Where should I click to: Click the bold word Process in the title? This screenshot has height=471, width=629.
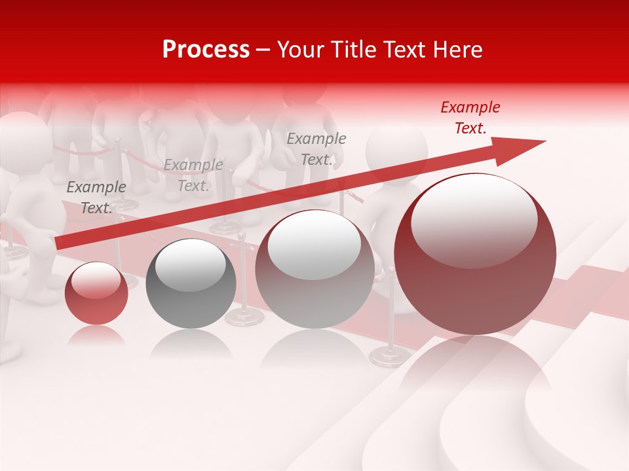pyautogui.click(x=206, y=50)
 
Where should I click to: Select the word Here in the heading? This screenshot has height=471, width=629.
pyautogui.click(x=457, y=50)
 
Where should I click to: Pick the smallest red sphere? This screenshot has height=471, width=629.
pyautogui.click(x=96, y=294)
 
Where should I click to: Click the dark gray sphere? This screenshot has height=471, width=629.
pyautogui.click(x=191, y=285)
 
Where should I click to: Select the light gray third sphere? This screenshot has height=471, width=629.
pyautogui.click(x=314, y=270)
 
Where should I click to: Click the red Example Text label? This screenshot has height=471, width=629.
pyautogui.click(x=470, y=118)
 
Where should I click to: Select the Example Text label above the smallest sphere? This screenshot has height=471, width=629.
pyautogui.click(x=96, y=198)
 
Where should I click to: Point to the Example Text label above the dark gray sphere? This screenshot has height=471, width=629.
pyautogui.click(x=193, y=175)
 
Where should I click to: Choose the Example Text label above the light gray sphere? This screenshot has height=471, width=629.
pyautogui.click(x=316, y=148)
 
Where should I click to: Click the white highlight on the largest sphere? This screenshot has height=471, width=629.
pyautogui.click(x=474, y=219)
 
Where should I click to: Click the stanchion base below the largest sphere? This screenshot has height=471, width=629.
pyautogui.click(x=390, y=356)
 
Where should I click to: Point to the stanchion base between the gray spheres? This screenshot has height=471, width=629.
pyautogui.click(x=244, y=317)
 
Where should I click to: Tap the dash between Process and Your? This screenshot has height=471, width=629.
pyautogui.click(x=263, y=50)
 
